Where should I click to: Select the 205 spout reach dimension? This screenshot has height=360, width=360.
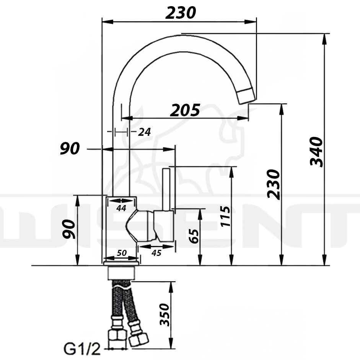click(x=185, y=110)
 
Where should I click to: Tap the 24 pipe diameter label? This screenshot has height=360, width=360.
click(x=144, y=132)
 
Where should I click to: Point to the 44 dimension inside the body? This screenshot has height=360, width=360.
click(x=121, y=208)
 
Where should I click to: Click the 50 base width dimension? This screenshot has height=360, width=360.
click(x=122, y=253)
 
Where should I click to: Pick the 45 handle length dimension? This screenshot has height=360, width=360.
click(x=156, y=253)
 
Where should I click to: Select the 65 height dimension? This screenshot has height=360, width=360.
click(x=194, y=236)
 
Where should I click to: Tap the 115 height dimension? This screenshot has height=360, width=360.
click(x=225, y=216)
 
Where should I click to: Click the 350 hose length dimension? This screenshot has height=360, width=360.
click(x=165, y=315)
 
